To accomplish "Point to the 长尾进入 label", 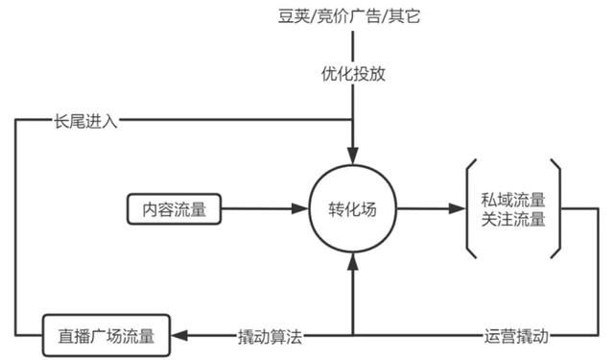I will (x=85, y=122).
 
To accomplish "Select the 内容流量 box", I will (x=174, y=208).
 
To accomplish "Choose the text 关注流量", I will (x=514, y=219).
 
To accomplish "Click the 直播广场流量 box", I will (x=100, y=335).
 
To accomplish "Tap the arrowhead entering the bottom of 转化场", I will (x=354, y=258).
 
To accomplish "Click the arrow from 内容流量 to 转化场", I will (x=259, y=208).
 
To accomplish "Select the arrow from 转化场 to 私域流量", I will (x=427, y=208).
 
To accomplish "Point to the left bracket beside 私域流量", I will (x=469, y=208).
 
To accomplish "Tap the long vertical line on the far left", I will (x=16, y=230).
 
